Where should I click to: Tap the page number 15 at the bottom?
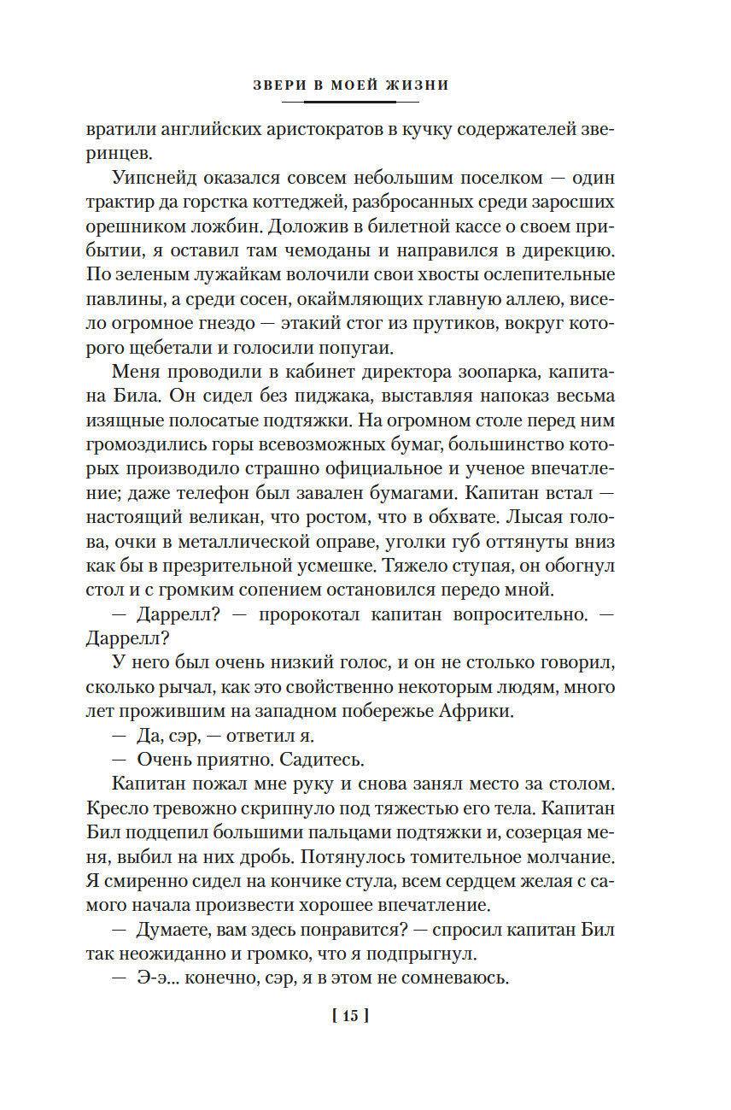pyautogui.click(x=350, y=1016)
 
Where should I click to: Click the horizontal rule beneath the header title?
pyautogui.click(x=350, y=102)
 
